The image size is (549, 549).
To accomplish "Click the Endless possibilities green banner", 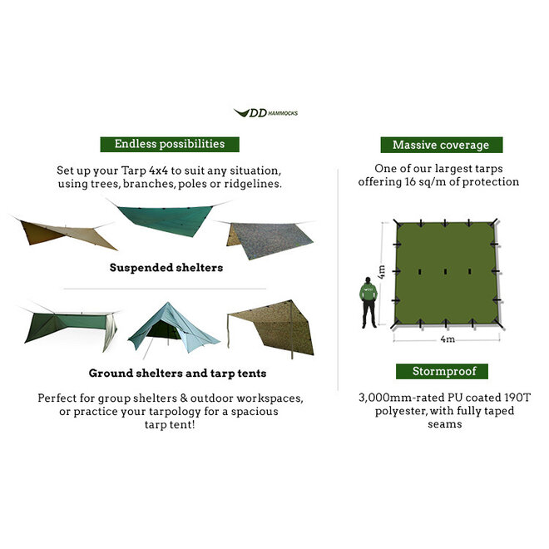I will [169, 144].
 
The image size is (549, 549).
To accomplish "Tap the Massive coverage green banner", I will [441, 145].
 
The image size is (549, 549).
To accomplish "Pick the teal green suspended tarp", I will [164, 218].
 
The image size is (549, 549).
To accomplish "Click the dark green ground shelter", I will [67, 327].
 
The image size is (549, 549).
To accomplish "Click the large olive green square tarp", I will [447, 275].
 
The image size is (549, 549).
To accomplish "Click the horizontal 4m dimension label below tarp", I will [448, 340].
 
